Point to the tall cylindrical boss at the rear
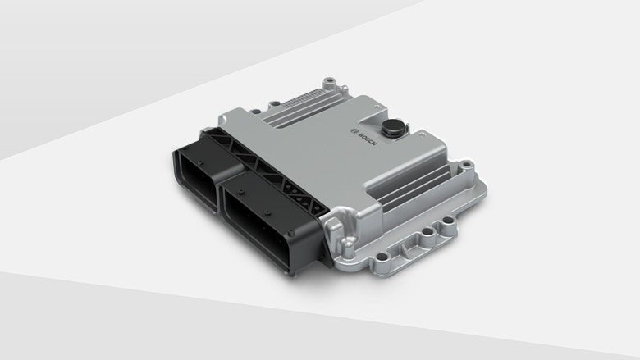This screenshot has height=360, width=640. point(329,83)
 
